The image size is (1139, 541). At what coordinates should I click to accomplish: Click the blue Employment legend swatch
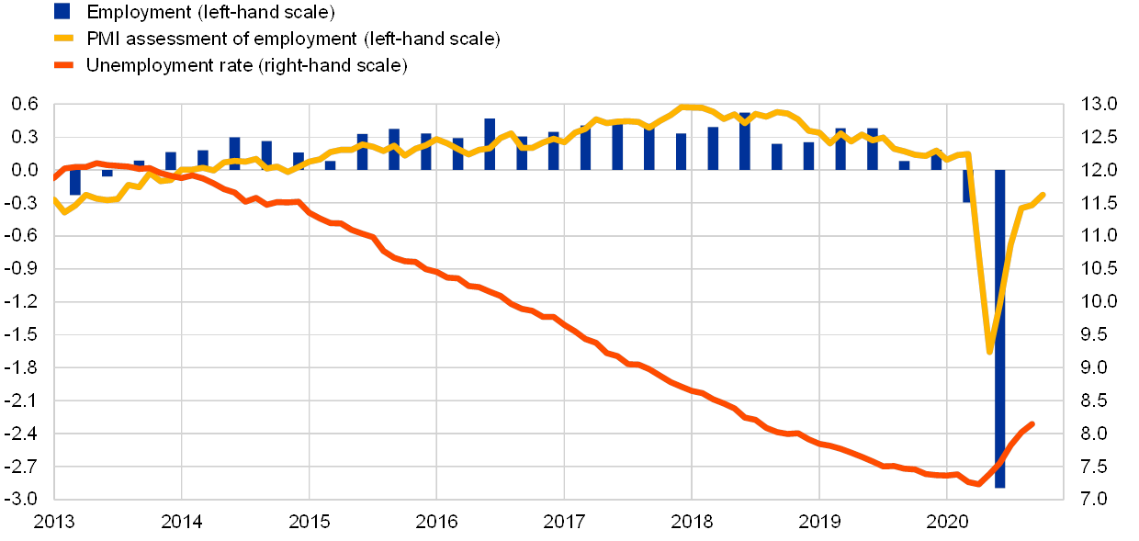click(62, 12)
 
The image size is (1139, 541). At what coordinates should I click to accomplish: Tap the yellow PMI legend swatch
click(62, 39)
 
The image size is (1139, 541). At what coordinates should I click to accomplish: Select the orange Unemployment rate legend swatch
click(62, 65)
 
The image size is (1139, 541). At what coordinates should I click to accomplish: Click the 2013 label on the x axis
click(54, 522)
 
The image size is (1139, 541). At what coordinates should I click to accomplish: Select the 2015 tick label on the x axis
click(310, 522)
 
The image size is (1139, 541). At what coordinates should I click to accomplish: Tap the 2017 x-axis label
click(565, 522)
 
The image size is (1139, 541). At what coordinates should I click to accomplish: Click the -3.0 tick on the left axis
click(25, 499)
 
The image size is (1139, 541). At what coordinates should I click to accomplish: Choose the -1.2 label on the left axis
click(25, 301)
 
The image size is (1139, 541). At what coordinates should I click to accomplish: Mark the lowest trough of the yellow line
click(989, 351)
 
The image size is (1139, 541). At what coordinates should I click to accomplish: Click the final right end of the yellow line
click(1043, 194)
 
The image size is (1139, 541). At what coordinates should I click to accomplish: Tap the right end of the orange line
click(1032, 423)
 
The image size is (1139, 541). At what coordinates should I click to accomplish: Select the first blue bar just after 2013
click(75, 182)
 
